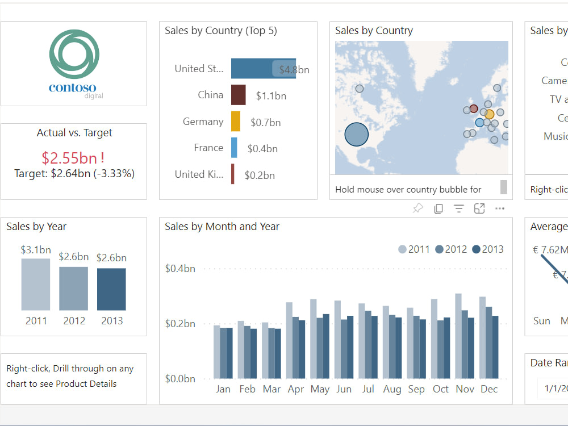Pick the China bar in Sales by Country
[x=238, y=95]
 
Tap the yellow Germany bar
[x=235, y=122]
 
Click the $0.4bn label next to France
[x=262, y=149]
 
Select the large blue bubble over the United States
[x=357, y=135]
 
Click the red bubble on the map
[x=474, y=108]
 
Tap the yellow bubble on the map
[x=489, y=114]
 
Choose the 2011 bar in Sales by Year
[x=36, y=284]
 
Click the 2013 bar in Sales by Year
[x=111, y=289]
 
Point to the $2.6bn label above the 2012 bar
[x=74, y=257]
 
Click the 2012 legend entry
[x=451, y=249]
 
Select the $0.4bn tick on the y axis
[x=179, y=268]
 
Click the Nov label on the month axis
[x=465, y=389]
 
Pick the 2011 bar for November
[x=458, y=336]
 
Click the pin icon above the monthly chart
[x=417, y=208]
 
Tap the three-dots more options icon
[x=500, y=208]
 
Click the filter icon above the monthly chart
[x=459, y=208]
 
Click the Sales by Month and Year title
[x=222, y=227]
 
